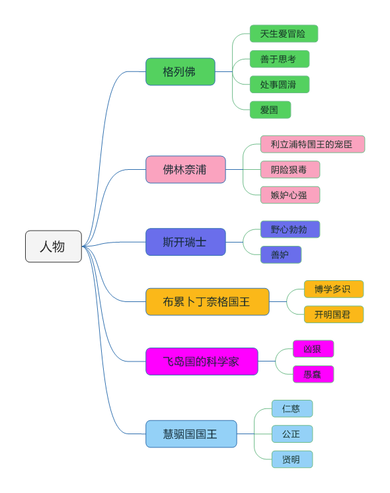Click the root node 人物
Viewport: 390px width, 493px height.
point(54,246)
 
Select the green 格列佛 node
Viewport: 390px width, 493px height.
point(180,72)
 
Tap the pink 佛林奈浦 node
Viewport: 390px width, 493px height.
point(186,170)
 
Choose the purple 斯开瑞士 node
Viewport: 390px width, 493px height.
point(186,242)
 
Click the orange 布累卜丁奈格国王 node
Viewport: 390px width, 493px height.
point(208,302)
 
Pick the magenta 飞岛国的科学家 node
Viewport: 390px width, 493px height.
point(202,361)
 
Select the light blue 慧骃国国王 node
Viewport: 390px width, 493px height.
point(191,434)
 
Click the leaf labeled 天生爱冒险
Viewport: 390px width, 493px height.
point(284,34)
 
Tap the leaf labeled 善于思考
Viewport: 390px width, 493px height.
point(279,59)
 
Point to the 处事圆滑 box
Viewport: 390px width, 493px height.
point(279,85)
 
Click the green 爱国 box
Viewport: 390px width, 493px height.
point(270,110)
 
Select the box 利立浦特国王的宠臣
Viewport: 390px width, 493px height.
point(312,144)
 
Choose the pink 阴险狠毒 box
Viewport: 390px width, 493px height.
point(290,170)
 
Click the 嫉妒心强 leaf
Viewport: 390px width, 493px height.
point(290,195)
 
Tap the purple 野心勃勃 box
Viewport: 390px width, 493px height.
point(290,229)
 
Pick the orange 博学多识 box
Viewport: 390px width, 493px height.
point(333,289)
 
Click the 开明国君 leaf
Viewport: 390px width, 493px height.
point(333,315)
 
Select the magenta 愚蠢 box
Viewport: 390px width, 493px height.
point(313,374)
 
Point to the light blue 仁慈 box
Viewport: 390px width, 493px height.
point(292,408)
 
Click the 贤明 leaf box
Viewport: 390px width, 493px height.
point(292,459)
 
